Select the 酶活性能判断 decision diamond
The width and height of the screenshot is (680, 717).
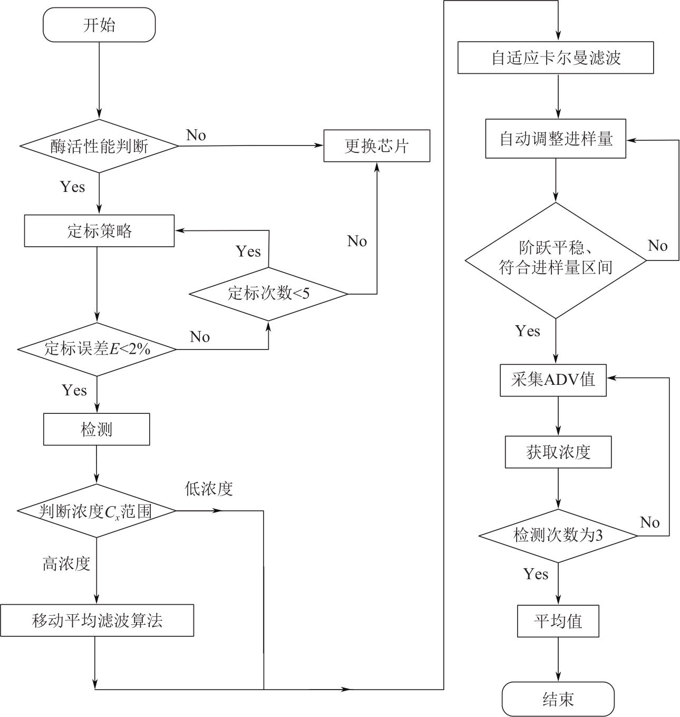coord(99,146)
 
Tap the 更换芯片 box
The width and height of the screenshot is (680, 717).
coord(376,146)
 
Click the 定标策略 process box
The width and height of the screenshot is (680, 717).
coord(99,230)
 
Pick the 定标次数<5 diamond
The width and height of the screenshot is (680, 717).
coord(268,293)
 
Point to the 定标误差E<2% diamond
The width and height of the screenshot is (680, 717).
coord(97,349)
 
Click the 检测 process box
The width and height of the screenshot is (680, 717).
coord(96,429)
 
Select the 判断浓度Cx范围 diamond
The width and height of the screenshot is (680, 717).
coord(96,511)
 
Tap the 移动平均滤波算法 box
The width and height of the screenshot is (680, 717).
coord(97,621)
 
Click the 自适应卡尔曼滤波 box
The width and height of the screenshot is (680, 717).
coord(556,57)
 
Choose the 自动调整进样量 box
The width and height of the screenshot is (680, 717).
coord(556,139)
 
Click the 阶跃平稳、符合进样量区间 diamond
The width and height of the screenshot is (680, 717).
coord(556,259)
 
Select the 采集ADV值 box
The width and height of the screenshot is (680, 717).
coord(553,380)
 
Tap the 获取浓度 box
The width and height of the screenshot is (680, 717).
coord(558,452)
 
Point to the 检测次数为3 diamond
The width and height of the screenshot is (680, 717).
coord(558,536)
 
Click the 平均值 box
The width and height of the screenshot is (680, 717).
coord(558,621)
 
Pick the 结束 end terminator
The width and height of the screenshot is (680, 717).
coord(558,699)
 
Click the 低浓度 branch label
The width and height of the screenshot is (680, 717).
coord(208,489)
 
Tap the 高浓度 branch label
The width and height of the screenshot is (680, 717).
coord(66,564)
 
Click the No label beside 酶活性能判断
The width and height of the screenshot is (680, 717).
coord(196,135)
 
